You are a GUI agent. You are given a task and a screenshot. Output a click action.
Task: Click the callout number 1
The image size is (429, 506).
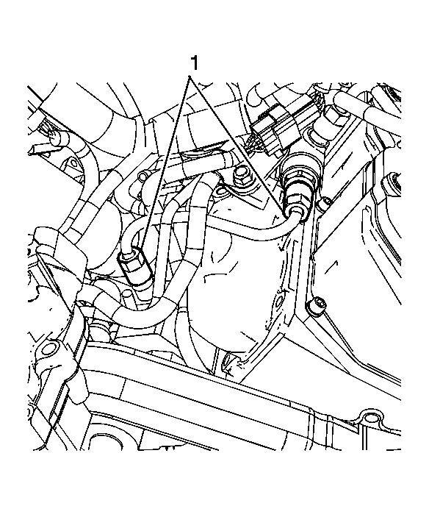click(194, 63)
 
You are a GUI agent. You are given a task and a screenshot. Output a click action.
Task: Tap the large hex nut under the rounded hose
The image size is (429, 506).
click(336, 117)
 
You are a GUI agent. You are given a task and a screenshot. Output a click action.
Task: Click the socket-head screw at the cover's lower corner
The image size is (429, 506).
click(316, 306)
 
